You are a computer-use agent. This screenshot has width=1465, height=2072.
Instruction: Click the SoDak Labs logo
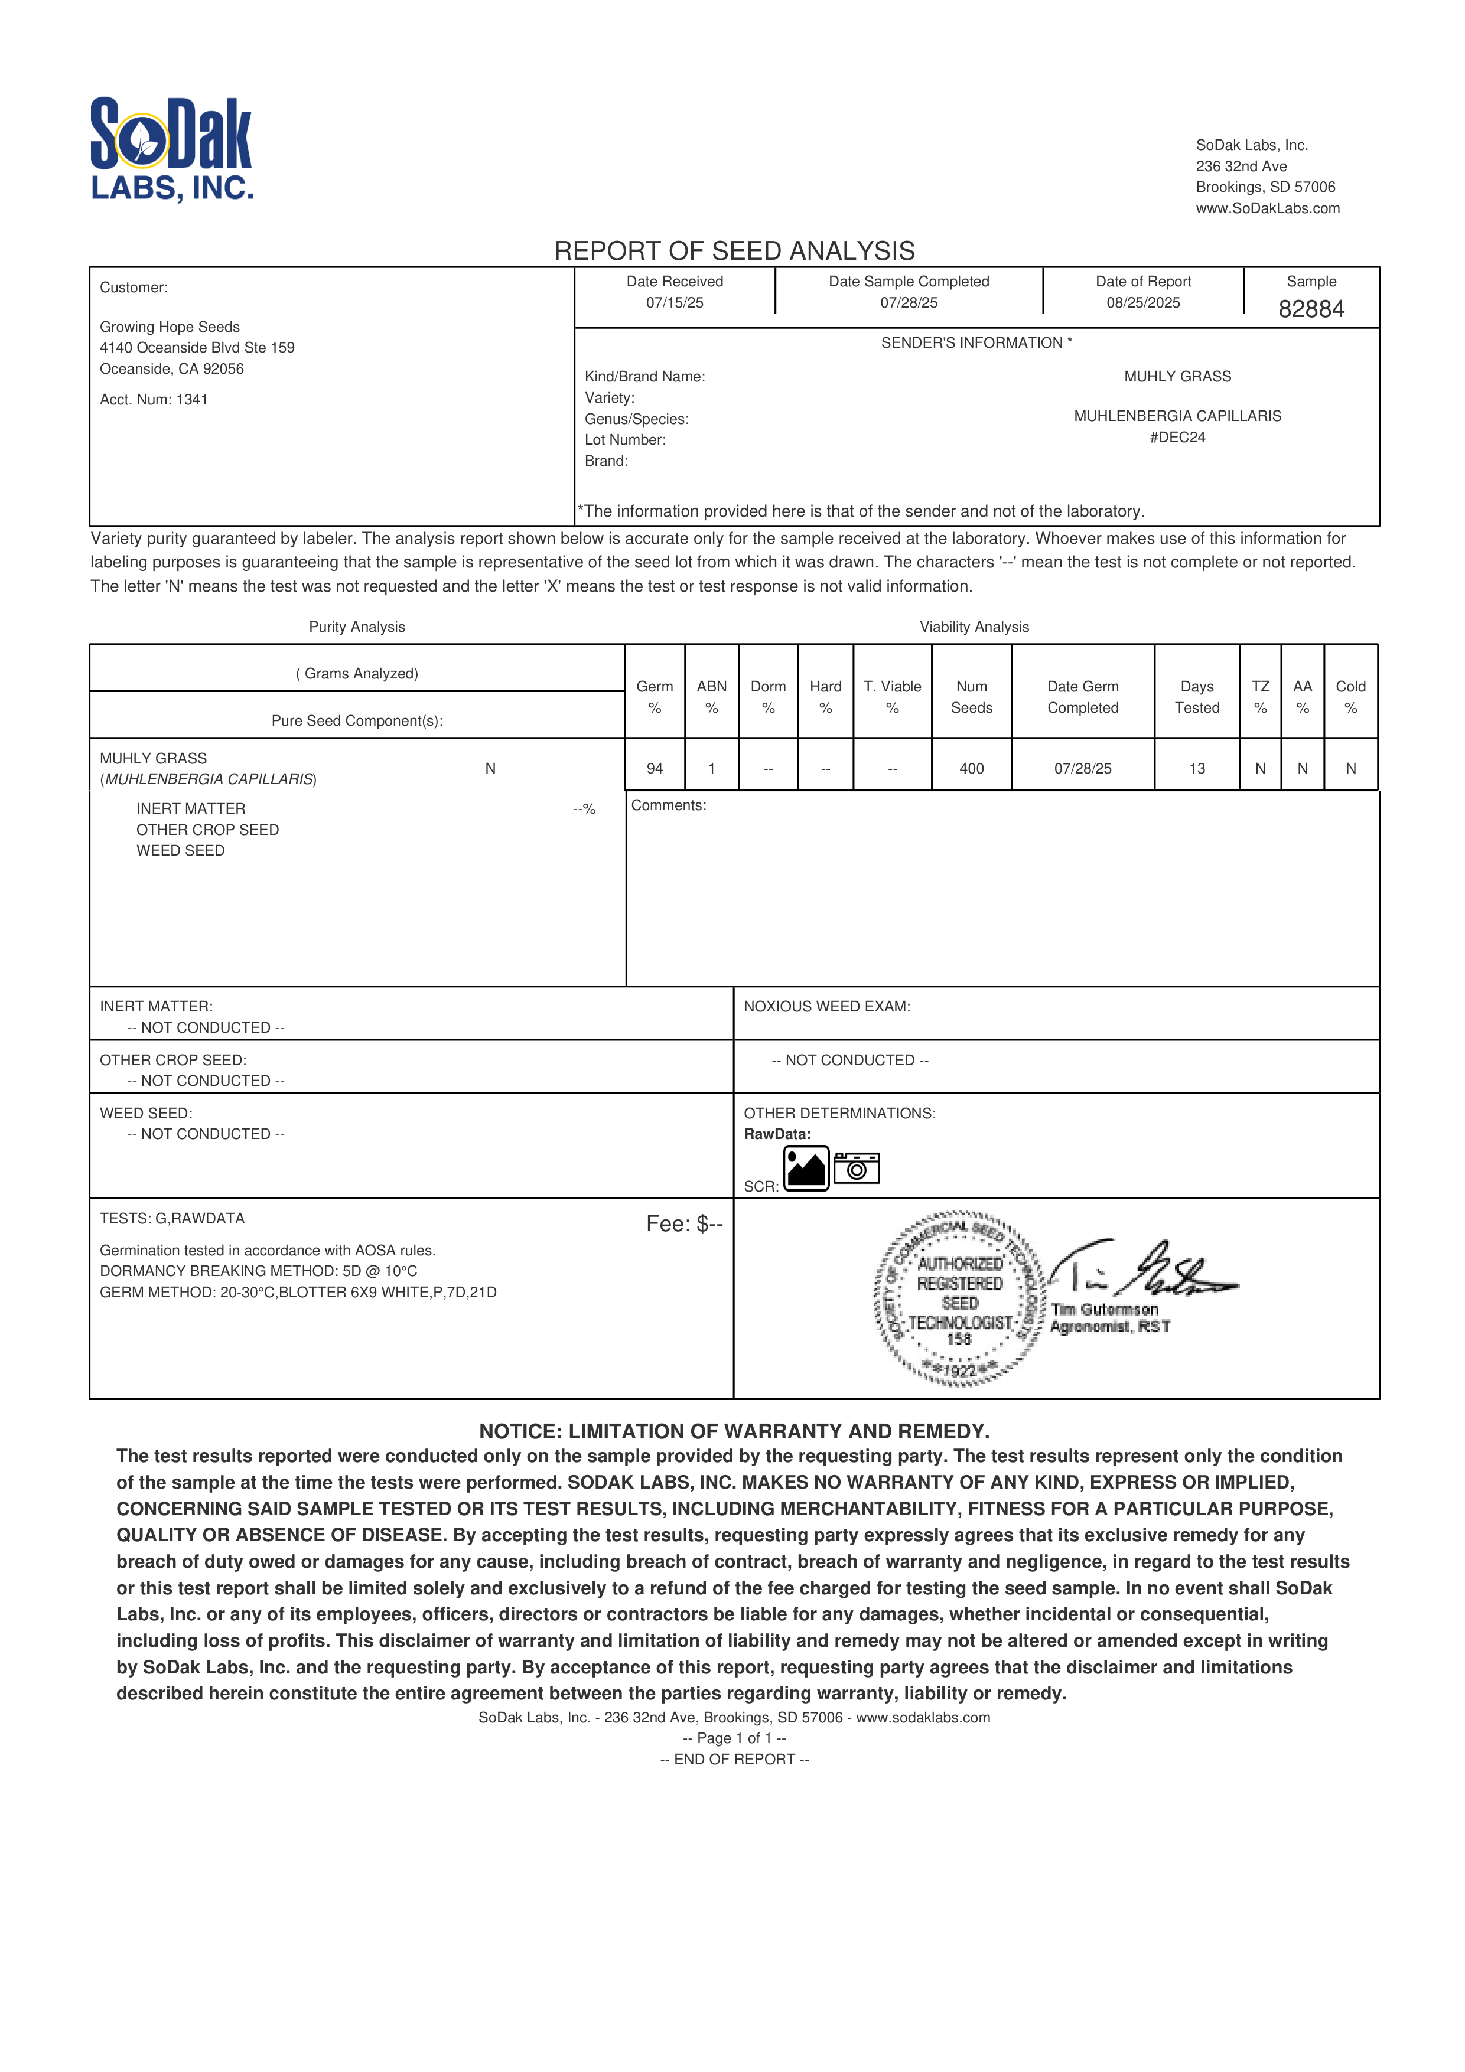171,148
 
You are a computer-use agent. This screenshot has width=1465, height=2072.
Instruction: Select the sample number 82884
1311,309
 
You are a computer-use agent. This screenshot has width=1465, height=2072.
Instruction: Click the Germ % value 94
655,769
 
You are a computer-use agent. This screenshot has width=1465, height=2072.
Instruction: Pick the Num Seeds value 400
971,769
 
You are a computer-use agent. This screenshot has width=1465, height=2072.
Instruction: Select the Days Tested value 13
1196,769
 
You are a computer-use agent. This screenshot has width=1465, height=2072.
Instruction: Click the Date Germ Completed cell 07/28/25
1082,769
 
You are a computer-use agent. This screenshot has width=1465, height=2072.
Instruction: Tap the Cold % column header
1350,697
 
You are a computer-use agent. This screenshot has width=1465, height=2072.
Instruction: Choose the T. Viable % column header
892,697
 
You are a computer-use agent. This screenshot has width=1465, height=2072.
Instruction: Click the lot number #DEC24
1177,438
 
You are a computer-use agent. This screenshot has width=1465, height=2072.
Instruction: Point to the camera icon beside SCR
856,1169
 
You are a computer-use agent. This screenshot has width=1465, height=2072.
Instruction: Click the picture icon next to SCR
806,1169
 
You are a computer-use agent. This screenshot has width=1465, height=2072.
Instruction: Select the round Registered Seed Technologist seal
959,1298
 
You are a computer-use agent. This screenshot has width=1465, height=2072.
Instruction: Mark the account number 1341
191,400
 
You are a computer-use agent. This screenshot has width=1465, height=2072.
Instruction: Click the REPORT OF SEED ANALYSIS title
734,251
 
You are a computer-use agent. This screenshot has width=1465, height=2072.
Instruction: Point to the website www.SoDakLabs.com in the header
1267,208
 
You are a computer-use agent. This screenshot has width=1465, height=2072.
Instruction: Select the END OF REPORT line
734,1759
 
